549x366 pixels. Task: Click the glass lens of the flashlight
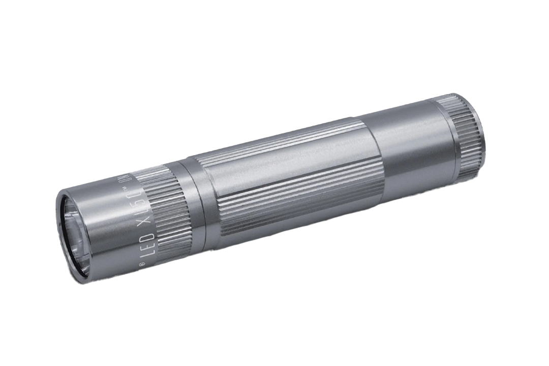[72, 236]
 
